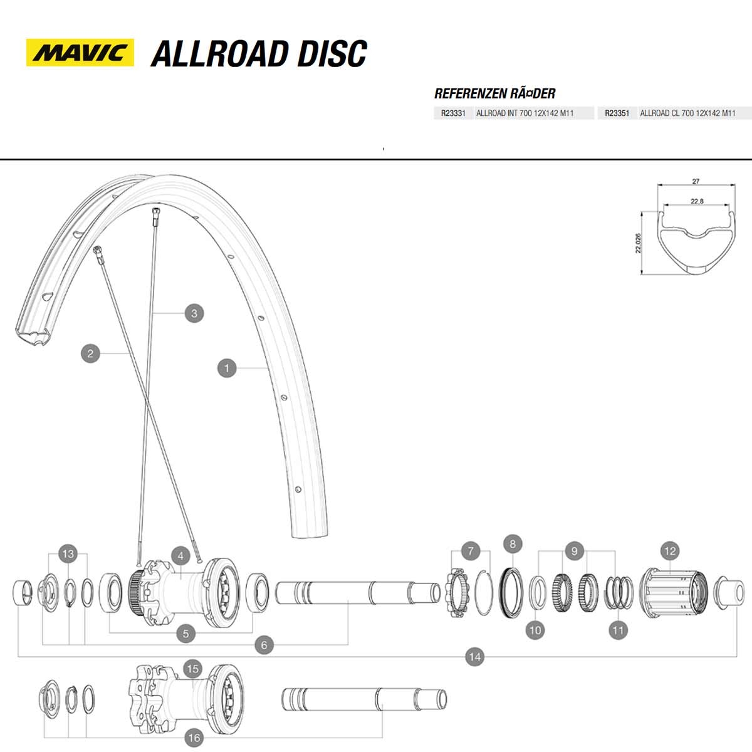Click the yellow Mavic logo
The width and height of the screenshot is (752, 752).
click(x=80, y=53)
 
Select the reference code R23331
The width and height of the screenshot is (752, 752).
click(x=452, y=113)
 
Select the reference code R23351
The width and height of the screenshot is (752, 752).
click(x=617, y=113)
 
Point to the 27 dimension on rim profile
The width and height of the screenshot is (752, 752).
click(x=696, y=182)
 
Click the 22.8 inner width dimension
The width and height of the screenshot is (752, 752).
click(x=696, y=201)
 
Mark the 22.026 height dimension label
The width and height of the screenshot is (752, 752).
click(x=638, y=243)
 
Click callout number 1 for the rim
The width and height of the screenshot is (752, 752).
click(x=227, y=368)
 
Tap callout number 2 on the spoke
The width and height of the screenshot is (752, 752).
click(x=90, y=353)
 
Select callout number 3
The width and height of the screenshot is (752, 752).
click(x=194, y=313)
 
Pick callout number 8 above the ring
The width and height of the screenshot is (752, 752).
click(x=513, y=544)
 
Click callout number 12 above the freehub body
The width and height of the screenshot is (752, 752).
click(x=670, y=551)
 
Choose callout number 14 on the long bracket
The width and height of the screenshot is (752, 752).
click(x=475, y=657)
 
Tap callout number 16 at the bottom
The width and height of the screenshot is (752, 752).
click(x=194, y=738)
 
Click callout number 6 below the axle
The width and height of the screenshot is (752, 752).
click(x=264, y=645)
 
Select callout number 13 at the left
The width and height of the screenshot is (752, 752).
click(x=68, y=554)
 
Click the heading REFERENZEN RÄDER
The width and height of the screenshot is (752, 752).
click(x=494, y=94)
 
